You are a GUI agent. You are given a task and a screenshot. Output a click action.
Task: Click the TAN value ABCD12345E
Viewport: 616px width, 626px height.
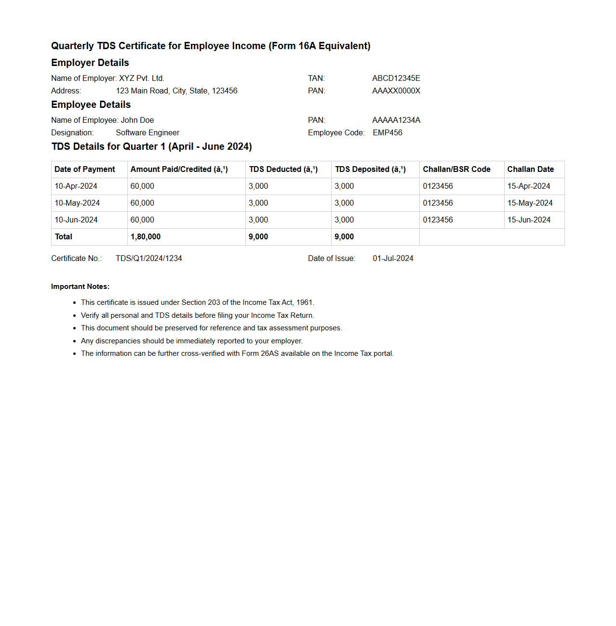(396, 78)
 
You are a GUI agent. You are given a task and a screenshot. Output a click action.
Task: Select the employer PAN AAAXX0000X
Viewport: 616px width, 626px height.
(396, 91)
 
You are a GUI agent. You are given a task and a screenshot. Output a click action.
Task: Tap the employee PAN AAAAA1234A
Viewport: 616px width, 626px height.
(396, 120)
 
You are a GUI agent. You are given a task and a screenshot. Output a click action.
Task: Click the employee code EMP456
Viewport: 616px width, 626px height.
(387, 132)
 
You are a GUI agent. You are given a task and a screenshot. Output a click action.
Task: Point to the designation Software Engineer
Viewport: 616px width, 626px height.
(147, 132)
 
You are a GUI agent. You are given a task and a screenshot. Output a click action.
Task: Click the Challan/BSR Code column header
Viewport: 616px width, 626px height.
(456, 169)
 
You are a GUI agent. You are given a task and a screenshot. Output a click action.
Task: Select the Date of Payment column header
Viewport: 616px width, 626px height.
(85, 169)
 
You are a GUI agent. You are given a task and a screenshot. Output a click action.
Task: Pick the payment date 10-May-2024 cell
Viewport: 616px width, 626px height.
(77, 203)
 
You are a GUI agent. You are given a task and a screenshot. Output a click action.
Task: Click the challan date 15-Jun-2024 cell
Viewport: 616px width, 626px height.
(529, 220)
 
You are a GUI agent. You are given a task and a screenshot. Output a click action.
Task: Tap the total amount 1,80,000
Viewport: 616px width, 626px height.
(146, 236)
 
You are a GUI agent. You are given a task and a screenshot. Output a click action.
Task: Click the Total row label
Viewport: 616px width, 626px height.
(64, 236)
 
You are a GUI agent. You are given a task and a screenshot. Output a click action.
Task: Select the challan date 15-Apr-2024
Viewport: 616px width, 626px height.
(529, 186)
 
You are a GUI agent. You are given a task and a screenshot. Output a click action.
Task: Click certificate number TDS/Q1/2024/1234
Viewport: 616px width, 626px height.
(149, 258)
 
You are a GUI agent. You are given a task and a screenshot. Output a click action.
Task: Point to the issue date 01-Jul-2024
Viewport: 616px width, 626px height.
(393, 258)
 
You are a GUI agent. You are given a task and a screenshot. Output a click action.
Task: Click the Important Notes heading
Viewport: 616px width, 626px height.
(80, 287)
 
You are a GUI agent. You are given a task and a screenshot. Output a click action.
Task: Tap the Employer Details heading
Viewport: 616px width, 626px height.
(90, 63)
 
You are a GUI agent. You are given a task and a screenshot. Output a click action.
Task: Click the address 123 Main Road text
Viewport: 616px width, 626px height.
(176, 91)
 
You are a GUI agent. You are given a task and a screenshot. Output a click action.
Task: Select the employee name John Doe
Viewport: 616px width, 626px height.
(137, 120)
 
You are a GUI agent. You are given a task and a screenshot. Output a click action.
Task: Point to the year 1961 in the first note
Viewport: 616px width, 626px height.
(304, 302)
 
